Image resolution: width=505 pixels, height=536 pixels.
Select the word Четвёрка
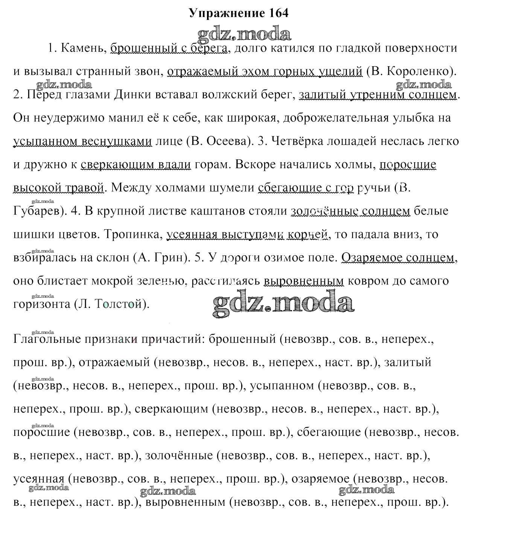[x=297, y=142]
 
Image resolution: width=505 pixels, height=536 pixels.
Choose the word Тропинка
[x=132, y=234]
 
